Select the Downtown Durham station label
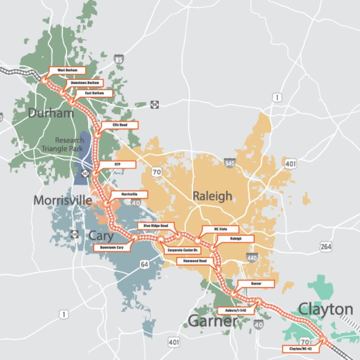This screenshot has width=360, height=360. click(x=85, y=83)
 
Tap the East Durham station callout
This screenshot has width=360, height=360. click(x=95, y=93)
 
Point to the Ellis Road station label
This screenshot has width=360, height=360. click(x=120, y=125)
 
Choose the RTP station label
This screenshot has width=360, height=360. click(x=117, y=164)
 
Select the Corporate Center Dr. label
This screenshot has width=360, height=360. click(x=183, y=251)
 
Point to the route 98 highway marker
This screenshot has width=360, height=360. click(x=154, y=105)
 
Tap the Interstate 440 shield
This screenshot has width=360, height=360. click(x=251, y=258)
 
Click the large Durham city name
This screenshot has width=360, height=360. click(x=51, y=113)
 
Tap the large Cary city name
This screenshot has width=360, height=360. click(x=101, y=235)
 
